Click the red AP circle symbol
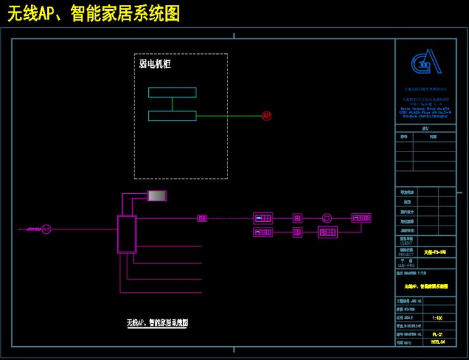(266, 116)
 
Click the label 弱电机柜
(155, 64)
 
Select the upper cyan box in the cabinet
(172, 93)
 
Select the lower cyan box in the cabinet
(172, 116)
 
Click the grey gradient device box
(157, 196)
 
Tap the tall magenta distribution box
(127, 234)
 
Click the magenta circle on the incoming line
(46, 229)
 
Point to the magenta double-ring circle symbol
(327, 218)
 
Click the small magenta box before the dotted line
(202, 218)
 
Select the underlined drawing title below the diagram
(157, 323)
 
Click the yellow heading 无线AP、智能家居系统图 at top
(93, 13)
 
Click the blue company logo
(425, 63)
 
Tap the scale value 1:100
(437, 318)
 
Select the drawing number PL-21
(437, 333)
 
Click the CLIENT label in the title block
(406, 243)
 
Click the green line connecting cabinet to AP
(228, 116)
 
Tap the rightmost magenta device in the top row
(361, 218)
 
